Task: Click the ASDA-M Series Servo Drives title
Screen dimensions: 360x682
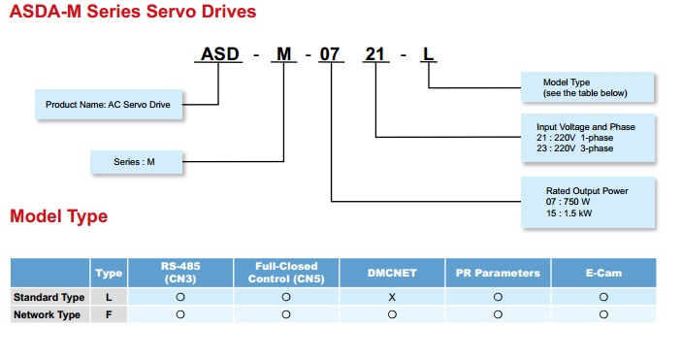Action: (133, 13)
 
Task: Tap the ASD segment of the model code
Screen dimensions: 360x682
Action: (219, 54)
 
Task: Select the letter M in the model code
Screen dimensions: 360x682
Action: (284, 54)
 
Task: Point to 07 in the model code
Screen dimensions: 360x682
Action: (331, 54)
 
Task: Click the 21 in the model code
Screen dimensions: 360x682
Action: (374, 54)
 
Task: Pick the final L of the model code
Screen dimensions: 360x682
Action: (428, 54)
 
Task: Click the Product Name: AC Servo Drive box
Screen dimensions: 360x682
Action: (110, 104)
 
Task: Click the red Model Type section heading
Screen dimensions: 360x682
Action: (58, 216)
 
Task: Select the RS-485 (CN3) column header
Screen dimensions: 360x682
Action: (180, 273)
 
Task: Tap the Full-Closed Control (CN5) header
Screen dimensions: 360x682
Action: (286, 273)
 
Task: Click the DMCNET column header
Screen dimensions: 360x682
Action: (392, 273)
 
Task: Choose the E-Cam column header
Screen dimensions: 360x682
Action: (603, 273)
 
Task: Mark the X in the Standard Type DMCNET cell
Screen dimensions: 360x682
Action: (392, 297)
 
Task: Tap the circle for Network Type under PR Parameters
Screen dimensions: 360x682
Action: (498, 314)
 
